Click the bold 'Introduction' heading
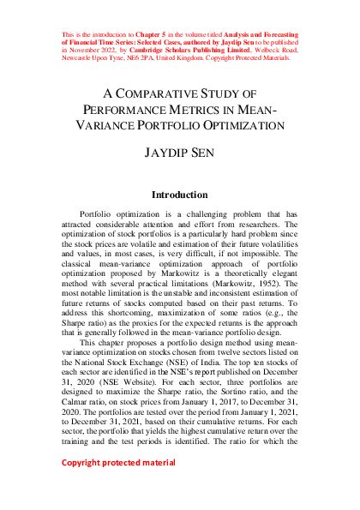point(180,195)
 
